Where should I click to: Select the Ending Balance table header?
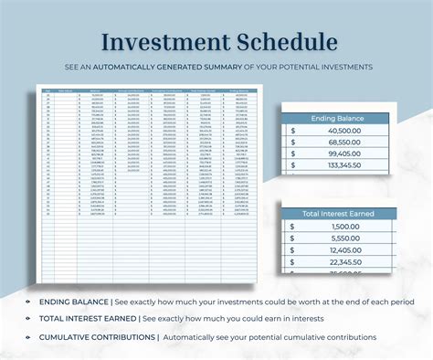click(338, 117)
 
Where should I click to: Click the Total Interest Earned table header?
click(338, 213)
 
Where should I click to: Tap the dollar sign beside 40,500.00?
click(291, 131)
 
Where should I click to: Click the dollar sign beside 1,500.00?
click(291, 227)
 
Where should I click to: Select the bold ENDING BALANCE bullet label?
click(73, 302)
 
